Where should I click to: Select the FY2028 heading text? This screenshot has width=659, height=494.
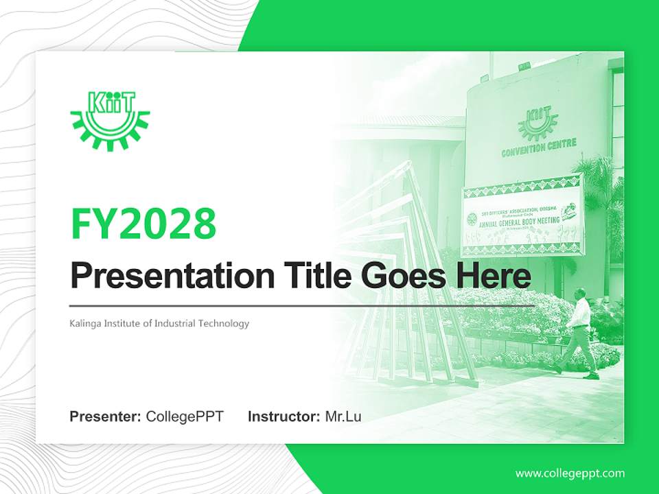coord(143,223)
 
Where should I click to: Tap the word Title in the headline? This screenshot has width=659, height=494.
coord(314,277)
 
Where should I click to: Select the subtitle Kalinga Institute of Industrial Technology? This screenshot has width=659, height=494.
coord(159,323)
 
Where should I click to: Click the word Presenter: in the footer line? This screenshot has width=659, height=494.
coord(106,416)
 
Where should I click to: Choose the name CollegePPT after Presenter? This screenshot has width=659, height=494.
coord(185,416)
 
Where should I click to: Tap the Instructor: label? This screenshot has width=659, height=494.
coord(284,416)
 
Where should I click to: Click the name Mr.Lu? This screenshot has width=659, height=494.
coord(343,416)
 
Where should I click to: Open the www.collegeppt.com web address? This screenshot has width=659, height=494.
coord(570,473)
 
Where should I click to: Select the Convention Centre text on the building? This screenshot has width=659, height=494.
coord(539,146)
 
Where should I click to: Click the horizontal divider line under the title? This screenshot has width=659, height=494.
coord(302,305)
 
